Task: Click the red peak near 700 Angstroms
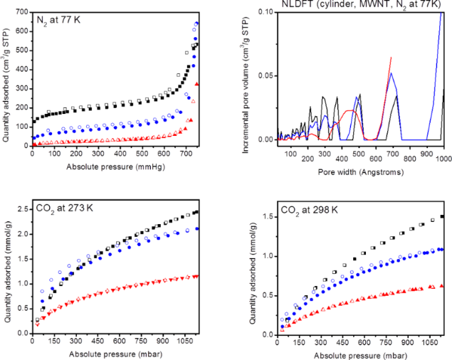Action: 391,58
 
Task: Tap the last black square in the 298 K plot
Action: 443,216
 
